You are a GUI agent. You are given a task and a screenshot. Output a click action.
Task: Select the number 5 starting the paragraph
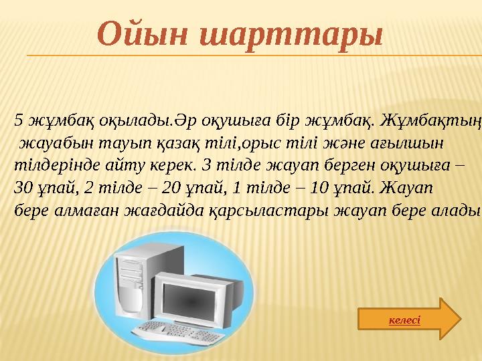pyautogui.click(x=19, y=120)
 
